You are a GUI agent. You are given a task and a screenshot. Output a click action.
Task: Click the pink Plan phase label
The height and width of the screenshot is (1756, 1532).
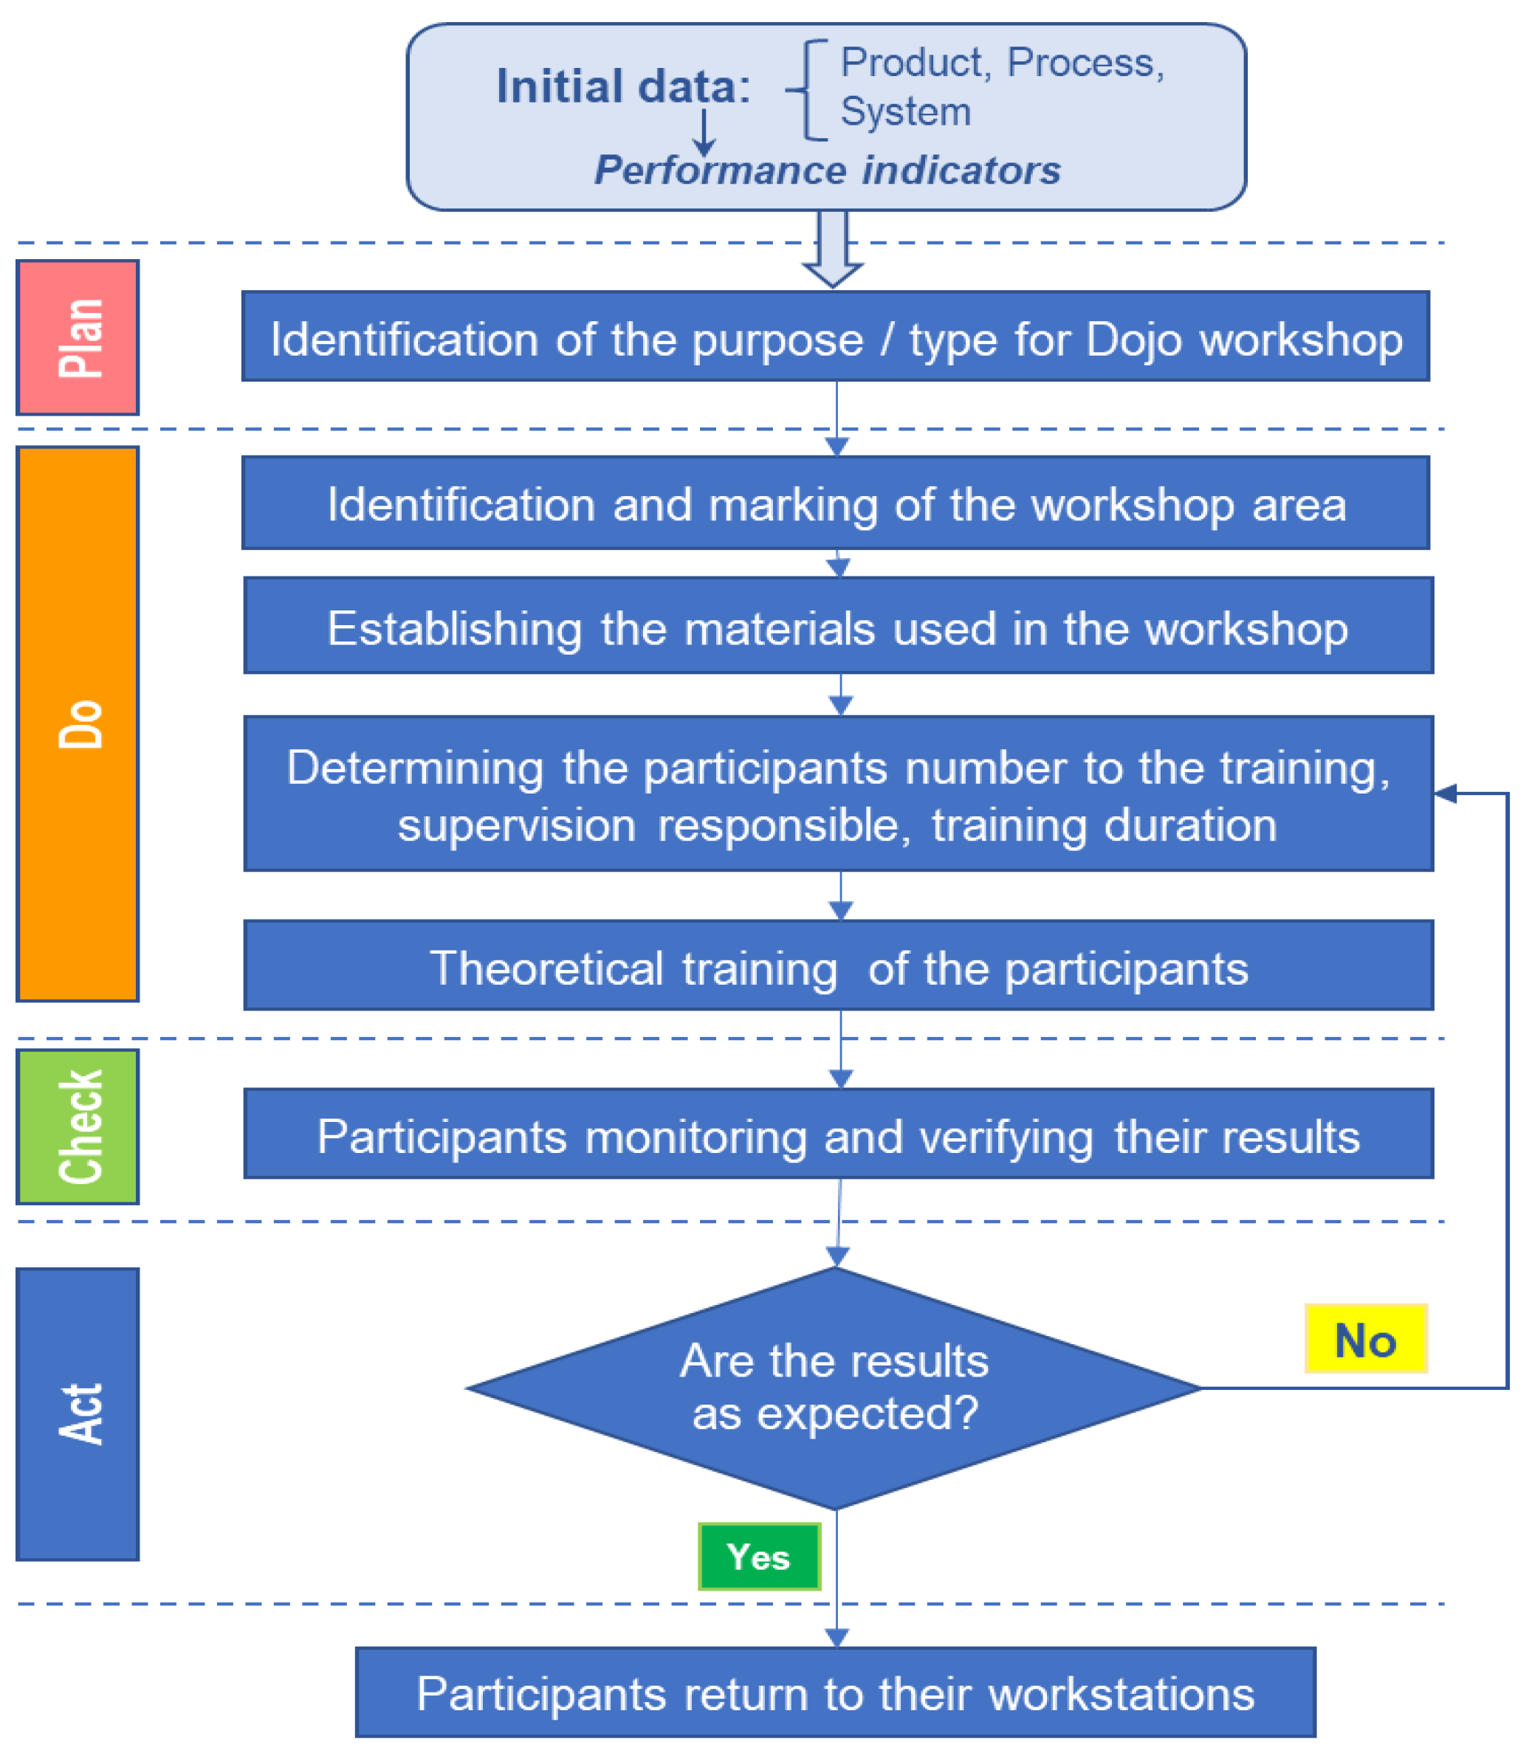pos(78,337)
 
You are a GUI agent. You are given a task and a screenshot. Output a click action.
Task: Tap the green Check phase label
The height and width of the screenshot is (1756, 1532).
pos(78,1126)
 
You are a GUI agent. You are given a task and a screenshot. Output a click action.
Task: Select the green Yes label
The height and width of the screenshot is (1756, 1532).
pos(758,1556)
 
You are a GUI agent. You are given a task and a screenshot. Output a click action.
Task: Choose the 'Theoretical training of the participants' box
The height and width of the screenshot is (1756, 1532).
pos(838,966)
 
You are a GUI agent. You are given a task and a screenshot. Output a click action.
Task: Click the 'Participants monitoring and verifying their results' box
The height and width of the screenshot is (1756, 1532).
pos(838,1134)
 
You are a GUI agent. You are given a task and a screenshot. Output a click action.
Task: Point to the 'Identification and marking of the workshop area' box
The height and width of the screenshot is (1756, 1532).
pos(835,503)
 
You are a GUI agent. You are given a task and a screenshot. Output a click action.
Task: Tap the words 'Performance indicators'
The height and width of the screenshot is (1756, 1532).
pos(828,170)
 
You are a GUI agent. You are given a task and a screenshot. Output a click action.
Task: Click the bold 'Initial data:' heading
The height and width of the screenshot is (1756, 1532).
pos(623,86)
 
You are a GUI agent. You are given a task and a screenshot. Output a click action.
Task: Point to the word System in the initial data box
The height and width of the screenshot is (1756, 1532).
pos(905,112)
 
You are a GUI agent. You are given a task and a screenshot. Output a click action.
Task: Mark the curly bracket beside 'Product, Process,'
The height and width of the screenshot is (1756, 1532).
pos(808,89)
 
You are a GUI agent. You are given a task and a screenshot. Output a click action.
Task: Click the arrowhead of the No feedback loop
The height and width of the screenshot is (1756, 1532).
pos(1445,793)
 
